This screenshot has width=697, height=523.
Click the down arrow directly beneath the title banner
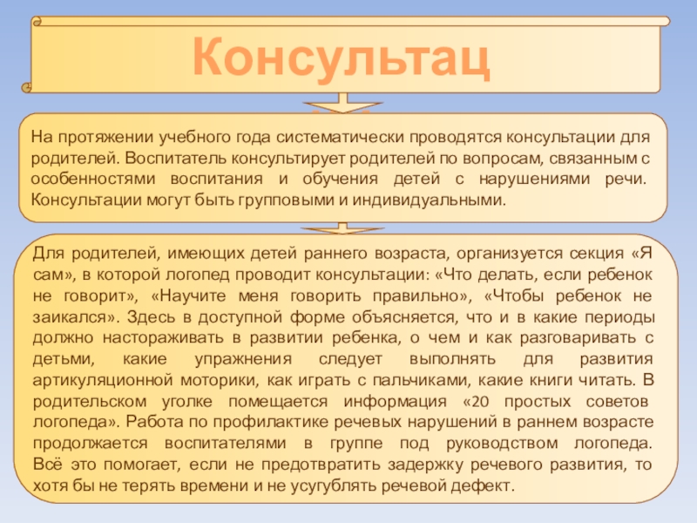pos(344,103)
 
